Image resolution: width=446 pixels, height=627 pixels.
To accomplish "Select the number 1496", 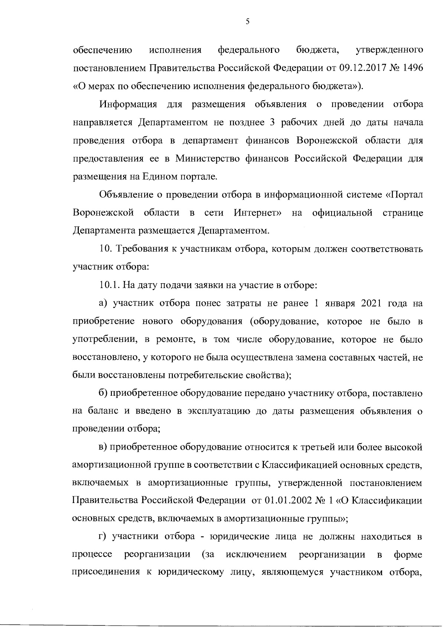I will click(x=412, y=68).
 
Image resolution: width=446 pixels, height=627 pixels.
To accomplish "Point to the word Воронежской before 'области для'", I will click(x=327, y=140).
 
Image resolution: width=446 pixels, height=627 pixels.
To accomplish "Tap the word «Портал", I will click(x=405, y=195).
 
